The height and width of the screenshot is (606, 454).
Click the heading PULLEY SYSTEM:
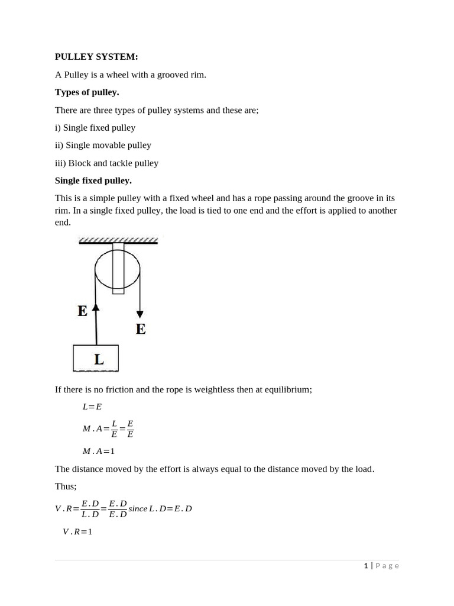point(96,57)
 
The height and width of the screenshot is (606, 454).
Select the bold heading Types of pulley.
point(87,92)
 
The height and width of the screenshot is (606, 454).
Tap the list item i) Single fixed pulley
point(95,128)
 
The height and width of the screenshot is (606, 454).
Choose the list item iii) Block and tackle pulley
point(106,163)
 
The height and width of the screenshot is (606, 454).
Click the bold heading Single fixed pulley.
point(93,180)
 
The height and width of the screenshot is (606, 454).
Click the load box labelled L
point(96,359)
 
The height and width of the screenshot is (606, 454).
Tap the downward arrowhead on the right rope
point(140,314)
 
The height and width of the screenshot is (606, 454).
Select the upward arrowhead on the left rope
point(96,307)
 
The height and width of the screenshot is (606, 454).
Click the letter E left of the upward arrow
point(82,311)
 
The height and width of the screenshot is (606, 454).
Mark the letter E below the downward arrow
point(141,329)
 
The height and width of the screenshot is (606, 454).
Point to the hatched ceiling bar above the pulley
point(118,240)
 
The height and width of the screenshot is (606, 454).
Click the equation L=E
point(92,407)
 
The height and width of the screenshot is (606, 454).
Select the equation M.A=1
point(99,451)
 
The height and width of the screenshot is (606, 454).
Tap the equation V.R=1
point(77,531)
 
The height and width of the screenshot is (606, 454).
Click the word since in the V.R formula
point(138,509)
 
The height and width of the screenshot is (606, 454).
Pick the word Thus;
point(66,486)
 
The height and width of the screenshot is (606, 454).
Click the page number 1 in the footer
point(366,566)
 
